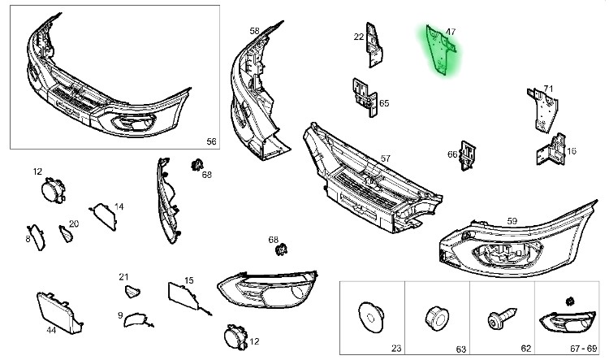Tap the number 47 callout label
pyautogui.click(x=451, y=32)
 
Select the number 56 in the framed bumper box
pyautogui.click(x=211, y=141)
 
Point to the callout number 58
pyautogui.click(x=254, y=31)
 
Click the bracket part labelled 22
pyautogui.click(x=374, y=45)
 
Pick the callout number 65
pyautogui.click(x=384, y=103)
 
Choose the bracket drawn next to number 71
pyautogui.click(x=543, y=111)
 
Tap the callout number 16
pyautogui.click(x=572, y=151)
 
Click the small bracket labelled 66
pyautogui.click(x=468, y=155)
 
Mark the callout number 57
pyautogui.click(x=385, y=158)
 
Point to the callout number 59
pyautogui.click(x=512, y=221)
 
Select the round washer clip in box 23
pyautogui.click(x=371, y=317)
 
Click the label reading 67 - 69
pyautogui.click(x=583, y=349)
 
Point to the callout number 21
pyautogui.click(x=123, y=277)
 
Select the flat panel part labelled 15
pyautogui.click(x=185, y=297)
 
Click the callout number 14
pyautogui.click(x=119, y=206)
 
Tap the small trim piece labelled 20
pyautogui.click(x=66, y=234)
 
